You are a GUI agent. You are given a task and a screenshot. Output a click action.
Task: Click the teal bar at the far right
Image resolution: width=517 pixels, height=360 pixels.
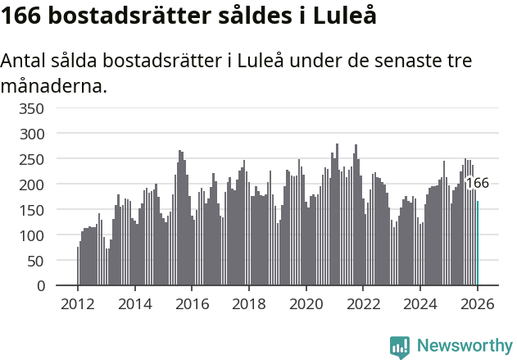click(478, 244)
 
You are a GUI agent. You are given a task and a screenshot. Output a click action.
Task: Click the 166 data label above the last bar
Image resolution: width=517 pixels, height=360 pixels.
click(477, 184)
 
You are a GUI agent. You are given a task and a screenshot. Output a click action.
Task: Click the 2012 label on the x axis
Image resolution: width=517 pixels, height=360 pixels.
click(78, 303)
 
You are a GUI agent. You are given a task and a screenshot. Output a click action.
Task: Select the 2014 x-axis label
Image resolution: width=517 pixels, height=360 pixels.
click(135, 303)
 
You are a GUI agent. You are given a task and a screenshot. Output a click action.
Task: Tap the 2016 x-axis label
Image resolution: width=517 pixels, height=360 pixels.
click(192, 303)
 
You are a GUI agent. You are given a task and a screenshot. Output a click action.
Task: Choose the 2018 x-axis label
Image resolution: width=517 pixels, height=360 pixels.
click(249, 303)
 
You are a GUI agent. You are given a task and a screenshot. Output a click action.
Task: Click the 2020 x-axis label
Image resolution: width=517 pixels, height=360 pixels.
click(306, 303)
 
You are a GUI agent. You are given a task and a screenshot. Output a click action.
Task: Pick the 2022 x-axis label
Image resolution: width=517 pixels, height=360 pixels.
click(363, 303)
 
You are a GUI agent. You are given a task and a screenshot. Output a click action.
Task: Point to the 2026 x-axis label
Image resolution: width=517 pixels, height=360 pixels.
click(477, 303)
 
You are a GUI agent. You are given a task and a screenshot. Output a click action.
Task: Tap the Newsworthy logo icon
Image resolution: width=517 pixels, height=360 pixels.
click(400, 347)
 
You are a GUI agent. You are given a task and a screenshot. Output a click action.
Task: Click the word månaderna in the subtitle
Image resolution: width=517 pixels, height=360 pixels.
click(54, 85)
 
